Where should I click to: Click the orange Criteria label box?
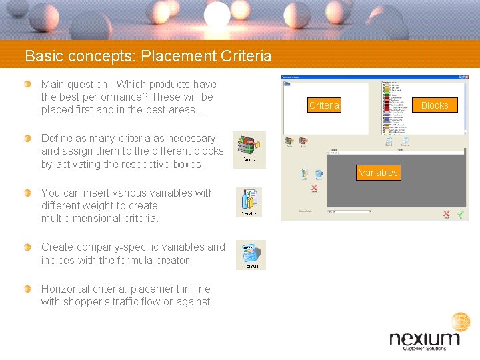click(324, 105)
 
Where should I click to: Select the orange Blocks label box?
click(435, 105)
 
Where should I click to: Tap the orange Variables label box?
click(378, 173)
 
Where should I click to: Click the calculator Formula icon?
click(251, 255)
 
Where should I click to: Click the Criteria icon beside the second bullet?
click(249, 149)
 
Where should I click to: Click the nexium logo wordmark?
click(424, 339)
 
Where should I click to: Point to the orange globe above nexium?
click(461, 322)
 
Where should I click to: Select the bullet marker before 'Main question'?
click(27, 84)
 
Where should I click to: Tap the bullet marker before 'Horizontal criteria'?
click(27, 289)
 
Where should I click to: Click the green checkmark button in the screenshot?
click(460, 215)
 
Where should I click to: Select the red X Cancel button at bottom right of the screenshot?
click(446, 215)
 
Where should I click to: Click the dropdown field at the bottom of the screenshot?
click(348, 211)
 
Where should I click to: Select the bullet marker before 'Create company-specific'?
click(27, 247)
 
